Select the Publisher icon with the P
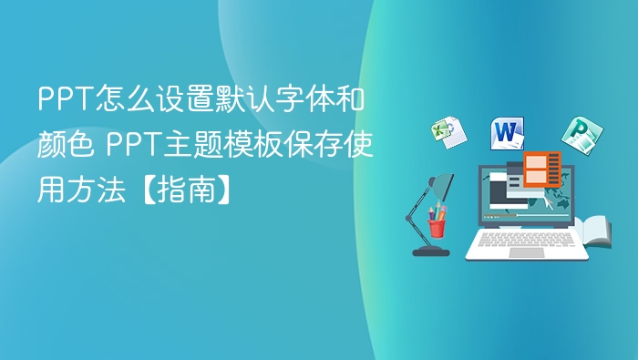[577, 136]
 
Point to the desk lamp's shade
[441, 188]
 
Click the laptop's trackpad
[527, 252]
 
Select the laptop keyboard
[527, 239]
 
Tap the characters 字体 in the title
[305, 98]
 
